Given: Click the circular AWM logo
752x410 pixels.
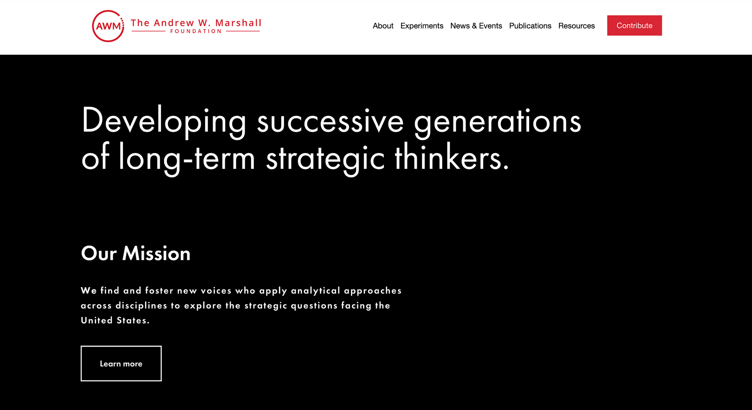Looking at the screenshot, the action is click(x=108, y=26).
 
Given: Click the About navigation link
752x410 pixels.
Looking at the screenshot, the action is click(x=383, y=26).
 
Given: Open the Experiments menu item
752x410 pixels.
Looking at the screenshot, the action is click(x=422, y=26).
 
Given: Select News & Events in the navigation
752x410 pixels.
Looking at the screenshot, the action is click(x=476, y=26).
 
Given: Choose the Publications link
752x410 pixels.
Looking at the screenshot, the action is click(x=530, y=26).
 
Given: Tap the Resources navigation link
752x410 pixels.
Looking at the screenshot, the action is click(x=577, y=26).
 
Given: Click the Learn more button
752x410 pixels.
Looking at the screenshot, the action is click(x=121, y=363).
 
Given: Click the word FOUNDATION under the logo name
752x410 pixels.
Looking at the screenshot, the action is click(x=196, y=31).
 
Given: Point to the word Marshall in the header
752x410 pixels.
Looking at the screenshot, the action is click(x=239, y=23).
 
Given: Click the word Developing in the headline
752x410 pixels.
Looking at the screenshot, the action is click(x=164, y=122).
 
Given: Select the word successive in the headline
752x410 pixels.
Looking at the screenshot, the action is click(x=330, y=121).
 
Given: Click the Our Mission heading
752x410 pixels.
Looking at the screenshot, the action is click(x=136, y=253).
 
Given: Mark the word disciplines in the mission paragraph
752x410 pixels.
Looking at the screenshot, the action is click(x=141, y=305).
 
